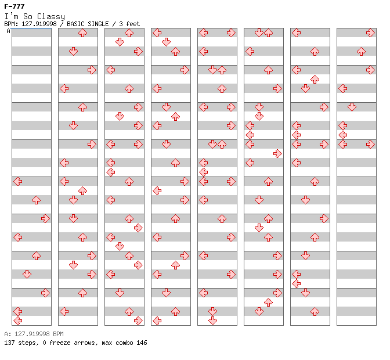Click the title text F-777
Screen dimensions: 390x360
[15, 6]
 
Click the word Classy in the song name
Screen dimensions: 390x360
[51, 17]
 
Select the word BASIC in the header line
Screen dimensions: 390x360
[75, 24]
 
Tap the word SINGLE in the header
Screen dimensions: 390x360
[98, 24]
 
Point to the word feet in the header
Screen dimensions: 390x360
[133, 24]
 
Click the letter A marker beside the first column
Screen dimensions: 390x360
[9, 31]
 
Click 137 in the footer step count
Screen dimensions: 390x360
[9, 343]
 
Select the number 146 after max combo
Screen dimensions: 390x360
[142, 343]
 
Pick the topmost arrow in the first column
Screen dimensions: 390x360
[18, 181]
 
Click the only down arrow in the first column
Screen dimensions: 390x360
[27, 274]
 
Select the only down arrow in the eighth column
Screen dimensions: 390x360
[352, 107]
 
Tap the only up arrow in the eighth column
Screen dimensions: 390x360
[361, 52]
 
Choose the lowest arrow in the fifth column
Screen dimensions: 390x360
[212, 321]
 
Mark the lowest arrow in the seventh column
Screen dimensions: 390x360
[315, 311]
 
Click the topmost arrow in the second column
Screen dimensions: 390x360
[82, 33]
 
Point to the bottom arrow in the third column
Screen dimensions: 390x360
[138, 321]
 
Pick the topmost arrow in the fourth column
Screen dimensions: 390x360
[157, 33]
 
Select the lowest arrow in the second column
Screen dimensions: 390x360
[64, 311]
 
